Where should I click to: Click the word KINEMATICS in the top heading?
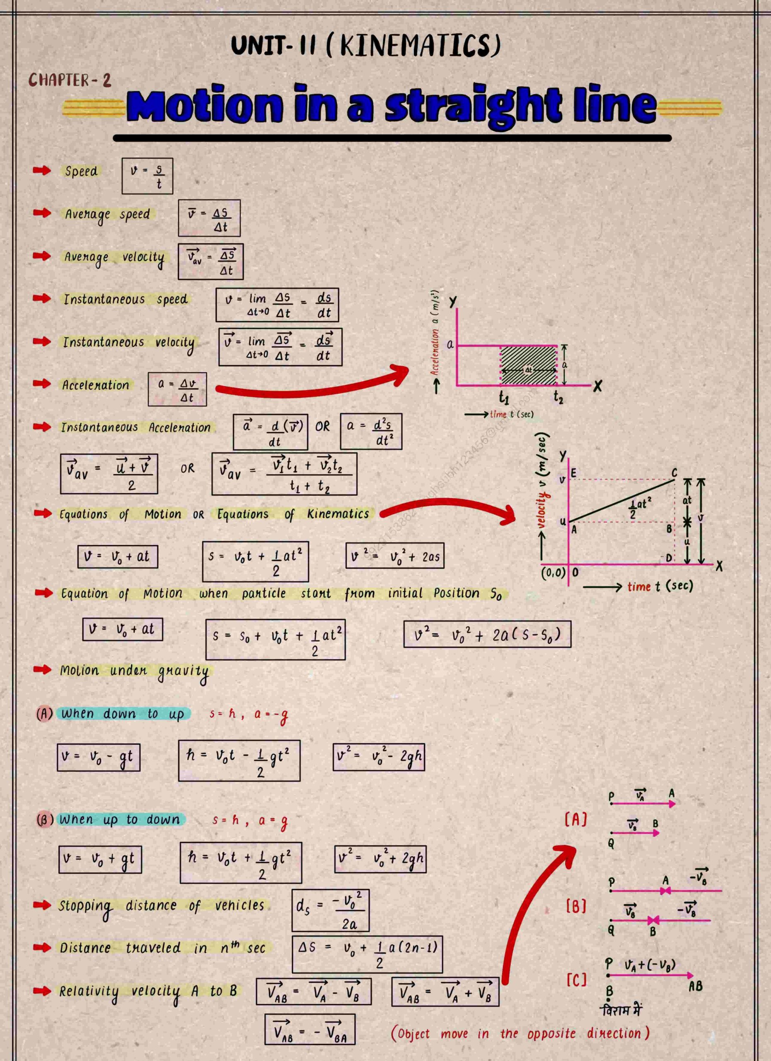[420, 45]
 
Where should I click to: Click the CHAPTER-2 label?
[70, 80]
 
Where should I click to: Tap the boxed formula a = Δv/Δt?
[177, 389]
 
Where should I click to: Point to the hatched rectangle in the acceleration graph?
[528, 366]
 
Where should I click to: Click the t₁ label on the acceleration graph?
[503, 397]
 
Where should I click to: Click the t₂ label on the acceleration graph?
[558, 397]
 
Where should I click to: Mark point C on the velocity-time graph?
[674, 473]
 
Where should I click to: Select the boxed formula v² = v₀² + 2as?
[395, 556]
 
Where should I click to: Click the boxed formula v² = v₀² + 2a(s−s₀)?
[487, 635]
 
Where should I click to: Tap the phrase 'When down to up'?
[123, 714]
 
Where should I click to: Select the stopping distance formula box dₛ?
[331, 911]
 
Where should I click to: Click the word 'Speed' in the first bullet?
[81, 171]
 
